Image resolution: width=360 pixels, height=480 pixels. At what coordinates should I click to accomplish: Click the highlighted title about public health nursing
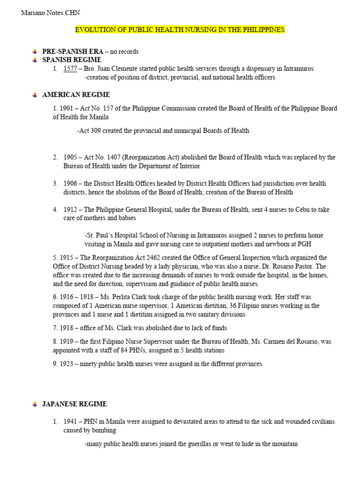[180, 30]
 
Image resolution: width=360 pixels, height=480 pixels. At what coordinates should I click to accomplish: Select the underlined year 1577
[70, 69]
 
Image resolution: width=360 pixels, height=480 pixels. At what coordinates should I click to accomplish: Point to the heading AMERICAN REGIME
[76, 95]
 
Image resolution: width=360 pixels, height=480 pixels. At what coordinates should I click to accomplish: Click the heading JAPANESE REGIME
[75, 404]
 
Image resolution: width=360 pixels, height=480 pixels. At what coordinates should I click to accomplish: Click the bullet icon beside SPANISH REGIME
[34, 60]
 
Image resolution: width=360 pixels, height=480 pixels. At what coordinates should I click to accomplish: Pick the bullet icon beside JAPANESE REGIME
[34, 405]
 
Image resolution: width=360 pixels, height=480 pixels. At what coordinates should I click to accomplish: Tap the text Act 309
[90, 131]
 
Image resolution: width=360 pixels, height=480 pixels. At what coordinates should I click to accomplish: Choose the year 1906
[72, 184]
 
